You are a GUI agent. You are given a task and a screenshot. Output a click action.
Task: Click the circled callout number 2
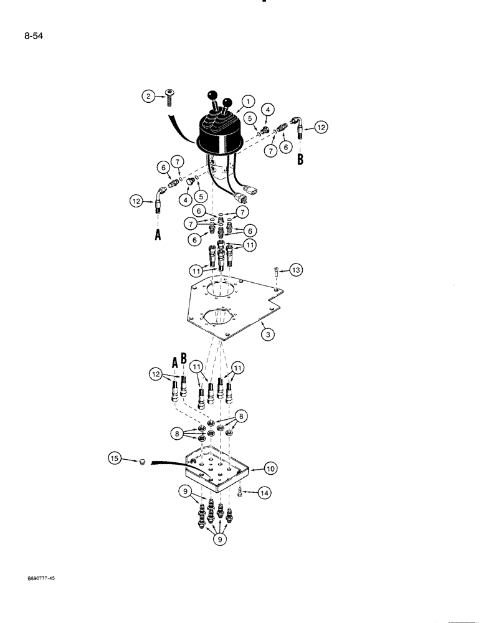(148, 96)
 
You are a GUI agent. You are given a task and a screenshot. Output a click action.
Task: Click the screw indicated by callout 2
(170, 96)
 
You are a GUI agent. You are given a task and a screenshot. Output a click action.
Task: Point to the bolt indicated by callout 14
(241, 492)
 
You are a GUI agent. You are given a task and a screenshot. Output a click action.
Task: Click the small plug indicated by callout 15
(143, 462)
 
